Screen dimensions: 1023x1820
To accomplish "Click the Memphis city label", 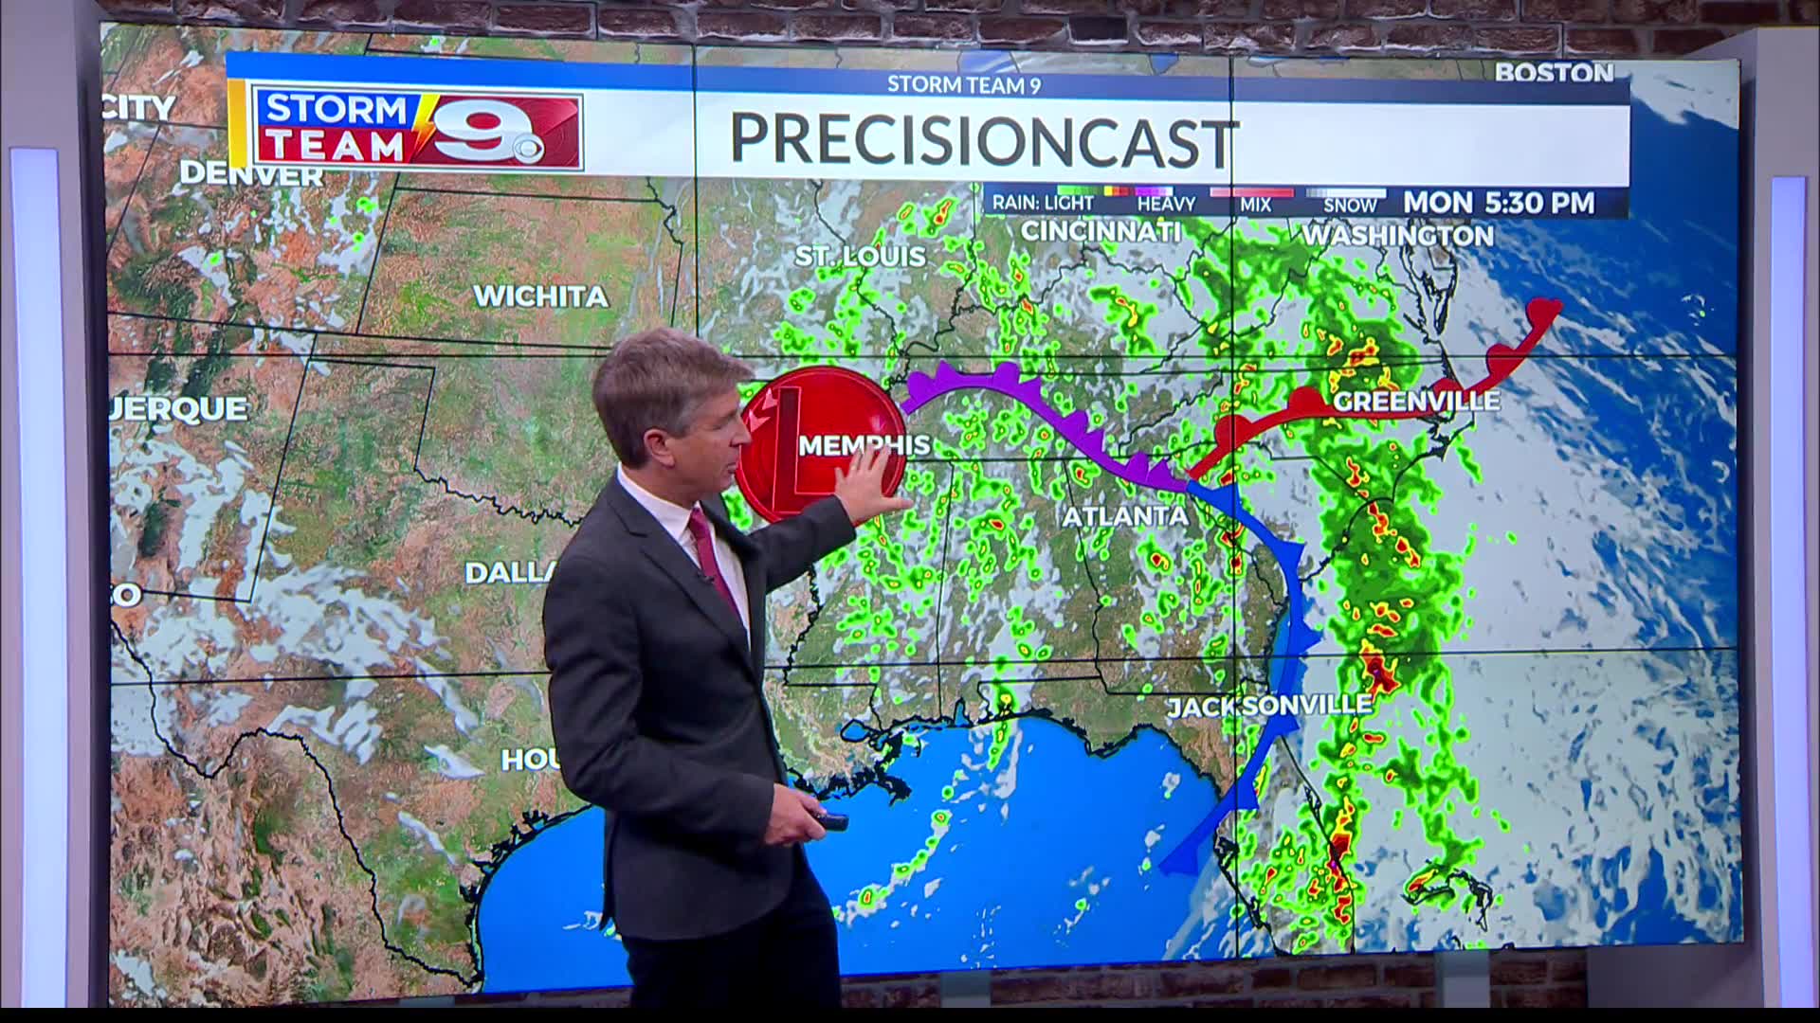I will click(864, 444).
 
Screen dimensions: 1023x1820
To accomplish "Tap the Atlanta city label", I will click(1125, 516).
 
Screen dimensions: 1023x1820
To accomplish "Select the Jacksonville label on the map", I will click(1268, 706).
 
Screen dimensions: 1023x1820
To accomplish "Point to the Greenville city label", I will click(1416, 402).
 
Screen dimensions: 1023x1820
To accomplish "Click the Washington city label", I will click(1397, 235).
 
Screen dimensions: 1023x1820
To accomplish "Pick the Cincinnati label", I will click(1101, 231).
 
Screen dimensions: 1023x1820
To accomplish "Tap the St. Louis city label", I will click(860, 256).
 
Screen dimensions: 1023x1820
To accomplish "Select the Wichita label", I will click(540, 296).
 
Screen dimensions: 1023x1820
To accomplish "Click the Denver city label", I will click(251, 174).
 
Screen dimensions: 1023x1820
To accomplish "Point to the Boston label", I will click(1554, 72).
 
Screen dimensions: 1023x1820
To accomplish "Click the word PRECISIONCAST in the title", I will click(983, 140).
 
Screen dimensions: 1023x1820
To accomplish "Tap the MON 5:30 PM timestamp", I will click(1499, 203).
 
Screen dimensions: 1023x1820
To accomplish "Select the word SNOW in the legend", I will click(1350, 205).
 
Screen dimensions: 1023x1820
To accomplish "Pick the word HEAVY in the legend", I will click(1166, 204).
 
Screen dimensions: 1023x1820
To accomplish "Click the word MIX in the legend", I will click(1255, 205).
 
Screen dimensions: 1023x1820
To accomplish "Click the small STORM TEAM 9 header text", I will click(963, 85).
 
